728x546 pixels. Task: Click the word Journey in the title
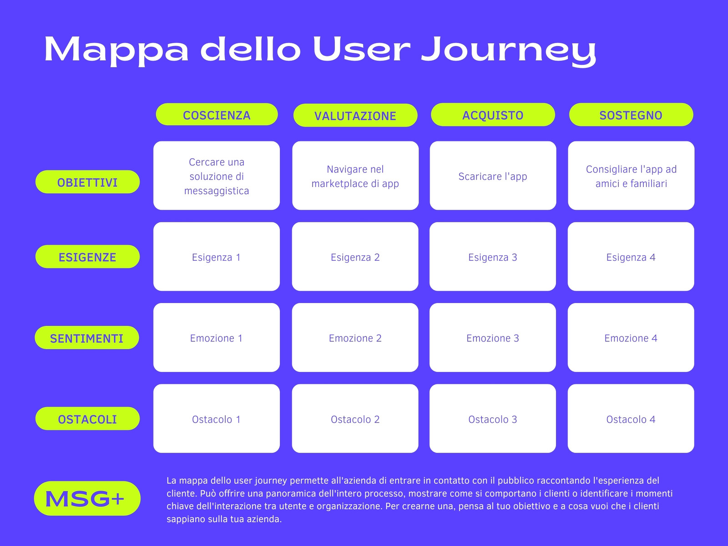pos(508,50)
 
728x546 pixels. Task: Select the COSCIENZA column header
pos(217,114)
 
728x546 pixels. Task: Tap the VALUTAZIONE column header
pos(355,116)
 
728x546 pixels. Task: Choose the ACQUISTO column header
pos(493,115)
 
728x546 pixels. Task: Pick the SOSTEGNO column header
pos(631,115)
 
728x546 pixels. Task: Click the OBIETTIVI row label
pos(87,182)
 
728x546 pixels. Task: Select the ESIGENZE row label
pos(87,257)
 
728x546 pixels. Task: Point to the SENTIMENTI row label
pos(87,338)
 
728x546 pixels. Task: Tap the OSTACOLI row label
pos(87,419)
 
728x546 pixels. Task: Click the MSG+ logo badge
pos(87,498)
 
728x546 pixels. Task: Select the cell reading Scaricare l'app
pos(493,176)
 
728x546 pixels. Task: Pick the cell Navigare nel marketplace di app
pos(355,176)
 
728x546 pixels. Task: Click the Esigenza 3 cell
pos(492,257)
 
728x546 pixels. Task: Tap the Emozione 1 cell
pos(217,338)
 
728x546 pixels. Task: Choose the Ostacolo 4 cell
pos(631,418)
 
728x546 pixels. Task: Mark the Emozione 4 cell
pos(631,338)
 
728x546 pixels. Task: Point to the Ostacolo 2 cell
pos(355,418)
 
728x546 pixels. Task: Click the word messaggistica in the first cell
pos(217,191)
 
